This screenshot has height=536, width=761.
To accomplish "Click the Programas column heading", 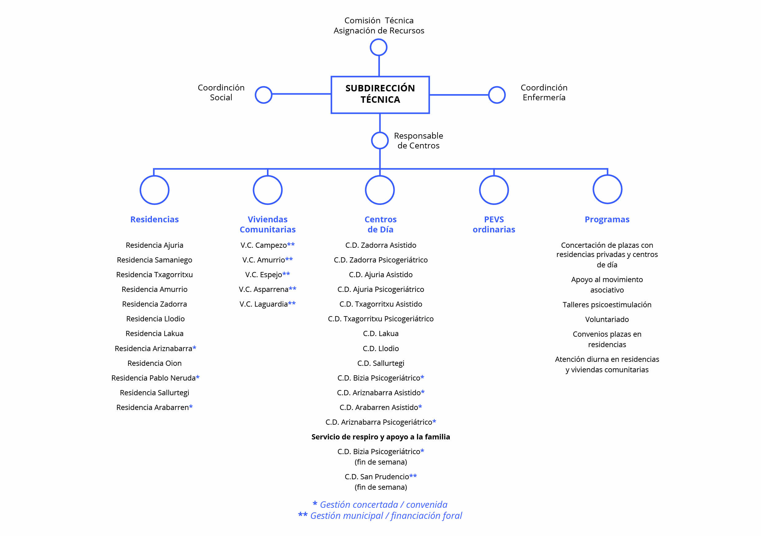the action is coord(607,219).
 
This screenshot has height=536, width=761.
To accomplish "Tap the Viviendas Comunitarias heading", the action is coord(268,224).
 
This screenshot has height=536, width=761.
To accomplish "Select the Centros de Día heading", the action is coord(381,224).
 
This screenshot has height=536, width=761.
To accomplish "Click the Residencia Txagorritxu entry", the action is coord(154,275).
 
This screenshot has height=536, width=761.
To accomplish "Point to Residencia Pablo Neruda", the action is coord(153,378).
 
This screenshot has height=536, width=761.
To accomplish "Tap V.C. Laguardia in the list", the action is coord(264,304).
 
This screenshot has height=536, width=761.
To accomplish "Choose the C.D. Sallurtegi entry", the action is coord(381,363).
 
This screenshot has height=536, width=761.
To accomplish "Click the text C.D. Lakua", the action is coord(381,334).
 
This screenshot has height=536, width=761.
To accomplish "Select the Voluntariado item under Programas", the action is coord(607,319).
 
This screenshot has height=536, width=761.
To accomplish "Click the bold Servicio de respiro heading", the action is coord(381,437).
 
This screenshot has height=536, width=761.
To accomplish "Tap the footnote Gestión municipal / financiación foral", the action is coord(386,516).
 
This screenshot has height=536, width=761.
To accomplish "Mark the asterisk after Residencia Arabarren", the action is coord(191,407).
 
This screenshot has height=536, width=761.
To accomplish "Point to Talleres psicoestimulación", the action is coord(607,305).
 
